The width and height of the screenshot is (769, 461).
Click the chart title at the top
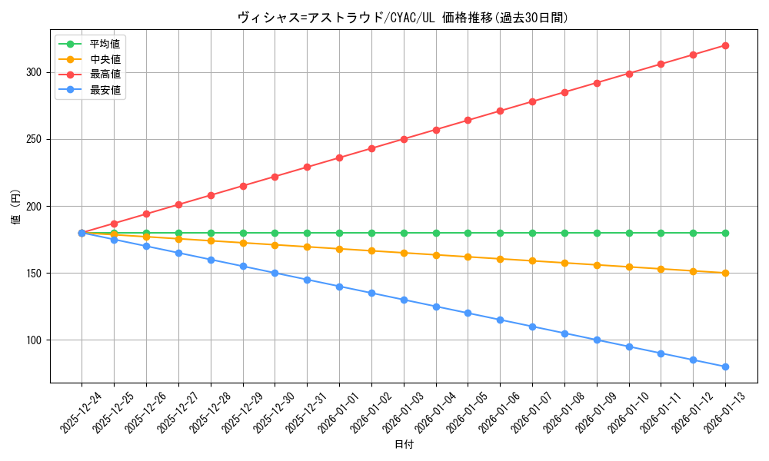click(x=403, y=18)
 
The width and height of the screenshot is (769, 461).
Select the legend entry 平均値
click(x=104, y=44)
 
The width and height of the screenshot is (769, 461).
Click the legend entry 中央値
click(x=104, y=59)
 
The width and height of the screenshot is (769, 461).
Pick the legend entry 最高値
click(x=104, y=75)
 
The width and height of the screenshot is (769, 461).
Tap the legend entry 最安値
click(x=104, y=90)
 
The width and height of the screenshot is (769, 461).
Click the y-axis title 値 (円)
click(x=15, y=207)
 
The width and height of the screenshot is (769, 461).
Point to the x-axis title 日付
click(x=403, y=445)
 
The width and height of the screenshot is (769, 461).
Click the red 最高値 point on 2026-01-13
click(x=725, y=45)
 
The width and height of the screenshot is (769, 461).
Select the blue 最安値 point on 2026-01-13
click(x=725, y=366)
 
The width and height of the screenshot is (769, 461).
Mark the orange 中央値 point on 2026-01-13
click(x=725, y=273)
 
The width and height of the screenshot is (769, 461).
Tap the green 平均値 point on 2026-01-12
click(x=693, y=233)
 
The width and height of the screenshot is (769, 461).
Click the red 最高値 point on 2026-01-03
click(x=404, y=139)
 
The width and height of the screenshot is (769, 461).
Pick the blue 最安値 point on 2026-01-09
click(x=597, y=340)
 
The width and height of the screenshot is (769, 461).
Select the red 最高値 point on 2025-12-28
click(x=211, y=195)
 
